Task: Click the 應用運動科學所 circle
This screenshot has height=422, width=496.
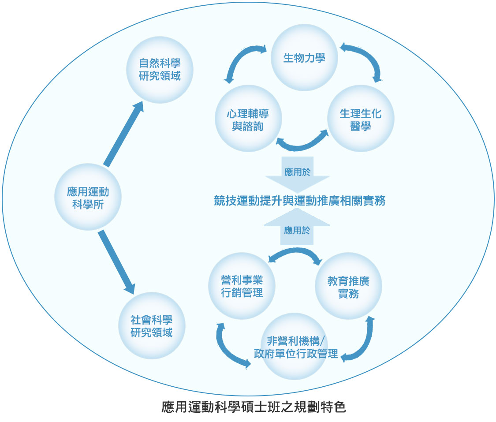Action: pos(88,197)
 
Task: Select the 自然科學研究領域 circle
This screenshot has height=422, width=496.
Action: pos(160,70)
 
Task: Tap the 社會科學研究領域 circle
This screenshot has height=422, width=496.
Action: pos(151,326)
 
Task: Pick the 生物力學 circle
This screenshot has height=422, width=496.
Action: pos(304,57)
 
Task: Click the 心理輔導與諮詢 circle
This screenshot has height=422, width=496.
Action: pos(248,119)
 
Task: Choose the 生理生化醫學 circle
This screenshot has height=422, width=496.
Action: pos(361,119)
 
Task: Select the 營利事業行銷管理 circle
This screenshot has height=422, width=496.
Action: pos(242,286)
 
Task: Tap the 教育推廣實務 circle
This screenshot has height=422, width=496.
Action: pos(348,286)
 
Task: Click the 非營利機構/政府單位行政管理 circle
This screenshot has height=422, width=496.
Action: pos(296,347)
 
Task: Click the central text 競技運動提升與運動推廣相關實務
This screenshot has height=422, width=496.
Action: pos(299,201)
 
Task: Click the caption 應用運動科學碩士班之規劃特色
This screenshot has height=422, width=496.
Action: pos(254,407)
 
